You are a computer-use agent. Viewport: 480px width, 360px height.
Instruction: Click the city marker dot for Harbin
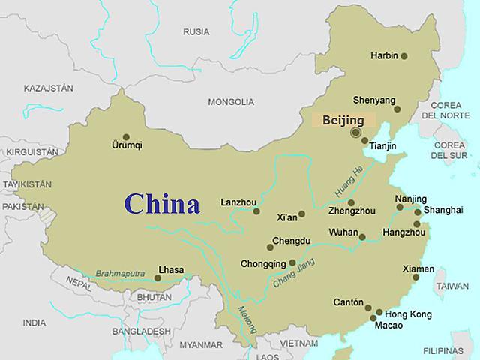(x=404, y=56)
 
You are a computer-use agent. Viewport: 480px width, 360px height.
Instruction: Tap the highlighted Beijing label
(x=343, y=120)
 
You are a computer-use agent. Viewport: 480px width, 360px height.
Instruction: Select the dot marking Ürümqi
(x=126, y=137)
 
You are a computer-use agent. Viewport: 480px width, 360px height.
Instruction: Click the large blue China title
(x=162, y=204)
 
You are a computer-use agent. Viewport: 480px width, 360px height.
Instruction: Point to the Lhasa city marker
(x=157, y=278)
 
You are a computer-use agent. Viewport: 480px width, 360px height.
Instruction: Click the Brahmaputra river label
(x=119, y=274)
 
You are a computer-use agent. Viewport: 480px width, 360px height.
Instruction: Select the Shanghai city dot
(x=418, y=212)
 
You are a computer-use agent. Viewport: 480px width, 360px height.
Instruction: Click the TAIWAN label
(x=452, y=286)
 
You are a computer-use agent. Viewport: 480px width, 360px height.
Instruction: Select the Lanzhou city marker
(x=256, y=211)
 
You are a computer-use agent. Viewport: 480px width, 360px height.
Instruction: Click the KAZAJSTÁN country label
(x=49, y=88)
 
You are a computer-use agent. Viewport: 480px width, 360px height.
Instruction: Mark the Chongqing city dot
(x=292, y=263)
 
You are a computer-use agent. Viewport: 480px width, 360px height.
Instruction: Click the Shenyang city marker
(x=397, y=109)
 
